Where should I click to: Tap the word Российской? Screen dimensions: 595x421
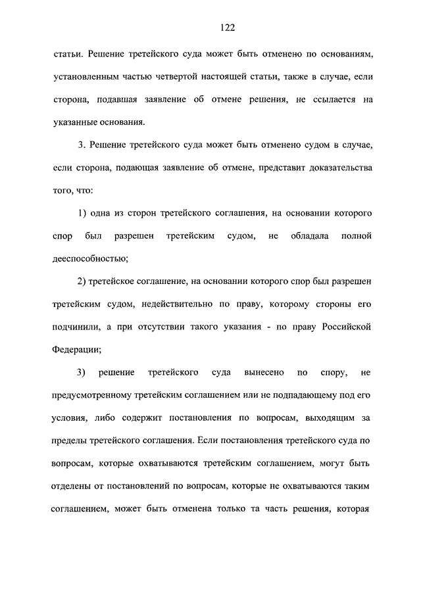[x=349, y=327]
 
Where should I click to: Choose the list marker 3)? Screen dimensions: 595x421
[x=82, y=373]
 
